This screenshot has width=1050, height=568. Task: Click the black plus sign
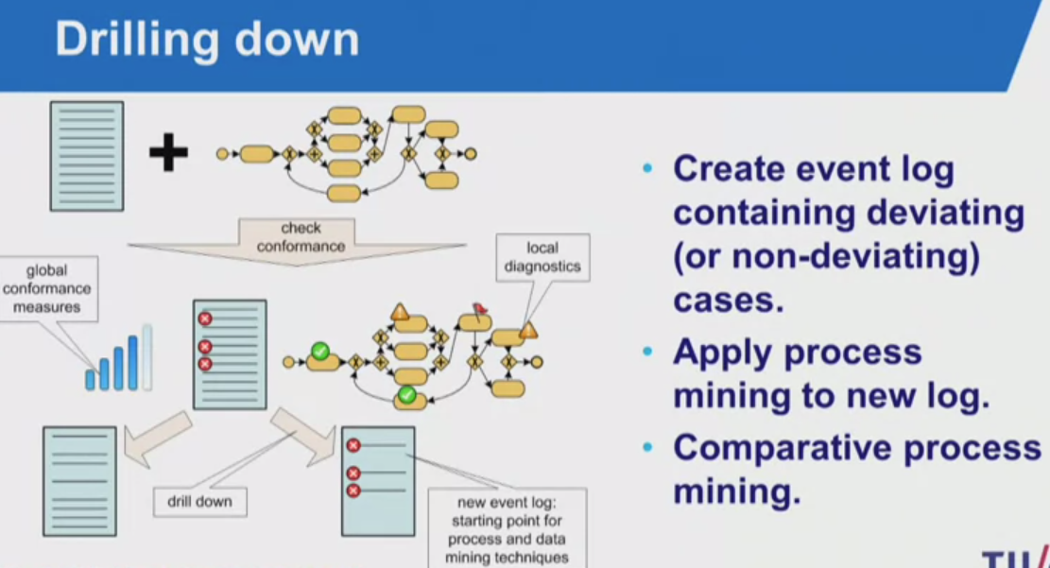(168, 153)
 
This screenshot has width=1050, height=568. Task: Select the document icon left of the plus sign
(86, 155)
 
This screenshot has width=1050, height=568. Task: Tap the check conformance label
(301, 237)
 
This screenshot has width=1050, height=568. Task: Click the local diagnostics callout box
(542, 257)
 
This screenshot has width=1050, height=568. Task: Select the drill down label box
(199, 501)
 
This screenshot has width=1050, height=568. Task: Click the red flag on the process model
(480, 308)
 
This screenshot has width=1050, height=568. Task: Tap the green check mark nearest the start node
(320, 352)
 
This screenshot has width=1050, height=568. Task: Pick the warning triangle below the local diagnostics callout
(527, 329)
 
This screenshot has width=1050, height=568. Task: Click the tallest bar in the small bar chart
(146, 357)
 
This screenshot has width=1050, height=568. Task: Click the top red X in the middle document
(204, 319)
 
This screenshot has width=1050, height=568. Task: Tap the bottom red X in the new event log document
(353, 491)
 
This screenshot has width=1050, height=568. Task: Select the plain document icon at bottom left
(79, 481)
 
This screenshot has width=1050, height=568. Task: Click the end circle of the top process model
(470, 153)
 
